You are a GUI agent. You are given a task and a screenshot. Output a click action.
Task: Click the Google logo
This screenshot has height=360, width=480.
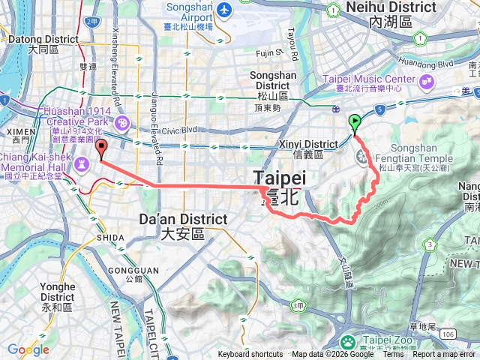point(28,349)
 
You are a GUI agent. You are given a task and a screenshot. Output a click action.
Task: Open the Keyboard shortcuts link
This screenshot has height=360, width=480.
point(250,355)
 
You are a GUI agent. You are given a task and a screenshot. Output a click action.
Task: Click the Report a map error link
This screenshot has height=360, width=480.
point(445,355)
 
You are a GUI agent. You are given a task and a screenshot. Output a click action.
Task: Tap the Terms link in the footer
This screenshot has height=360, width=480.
point(393,355)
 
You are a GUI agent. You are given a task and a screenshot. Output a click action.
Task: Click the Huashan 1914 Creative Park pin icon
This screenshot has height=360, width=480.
point(123,122)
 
